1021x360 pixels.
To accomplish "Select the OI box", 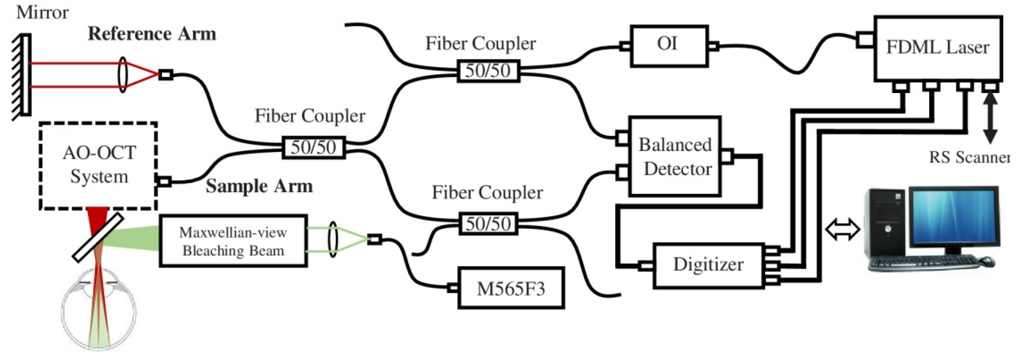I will (x=669, y=46).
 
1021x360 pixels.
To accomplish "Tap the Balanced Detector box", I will (x=675, y=156).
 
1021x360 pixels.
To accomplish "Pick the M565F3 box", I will (x=510, y=288).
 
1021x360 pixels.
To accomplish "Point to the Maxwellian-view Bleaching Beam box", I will (x=233, y=241).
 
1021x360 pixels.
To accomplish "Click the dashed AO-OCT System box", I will (x=99, y=165).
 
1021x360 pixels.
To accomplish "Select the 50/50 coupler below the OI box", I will (x=488, y=71).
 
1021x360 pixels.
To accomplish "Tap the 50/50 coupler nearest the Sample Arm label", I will (x=314, y=147).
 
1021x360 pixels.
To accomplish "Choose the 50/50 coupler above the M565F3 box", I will (x=488, y=224).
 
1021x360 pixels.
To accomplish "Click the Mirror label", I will (x=42, y=12).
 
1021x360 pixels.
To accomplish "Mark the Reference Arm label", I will (x=152, y=34).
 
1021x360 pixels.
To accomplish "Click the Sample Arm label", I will (x=259, y=186).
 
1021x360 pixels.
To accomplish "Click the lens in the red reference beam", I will (x=123, y=75).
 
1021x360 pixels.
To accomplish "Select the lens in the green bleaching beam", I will (x=333, y=240).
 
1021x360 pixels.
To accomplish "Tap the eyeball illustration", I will (x=99, y=313).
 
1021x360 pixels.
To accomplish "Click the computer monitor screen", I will (x=953, y=217).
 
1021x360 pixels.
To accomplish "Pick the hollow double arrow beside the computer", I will (x=842, y=230).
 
